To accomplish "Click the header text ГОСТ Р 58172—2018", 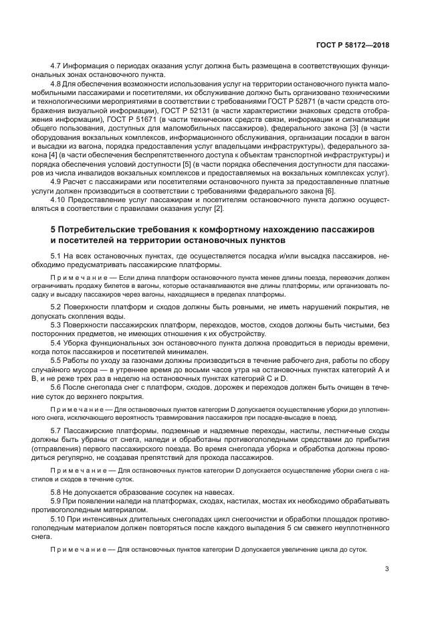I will click(x=352, y=45).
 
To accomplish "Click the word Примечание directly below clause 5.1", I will click(x=74, y=277).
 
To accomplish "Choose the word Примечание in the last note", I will click(x=74, y=550).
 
